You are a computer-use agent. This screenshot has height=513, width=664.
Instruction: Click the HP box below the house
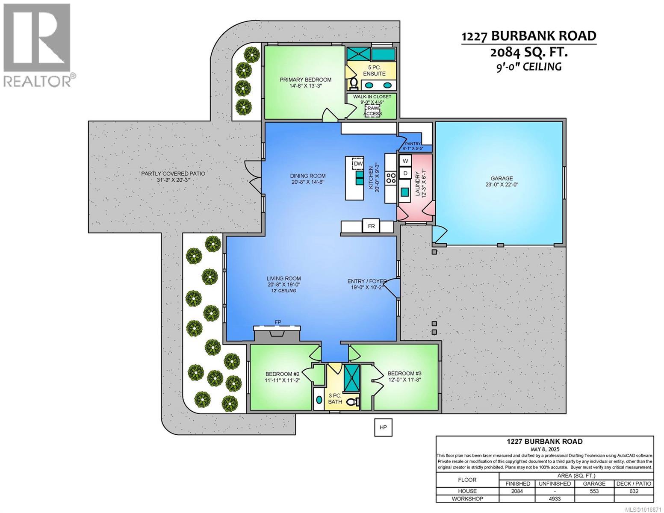click(383, 427)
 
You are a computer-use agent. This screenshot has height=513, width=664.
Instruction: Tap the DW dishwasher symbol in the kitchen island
click(358, 164)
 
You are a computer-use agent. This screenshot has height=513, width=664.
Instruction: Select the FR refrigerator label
click(371, 226)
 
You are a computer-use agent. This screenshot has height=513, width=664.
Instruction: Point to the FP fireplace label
click(278, 322)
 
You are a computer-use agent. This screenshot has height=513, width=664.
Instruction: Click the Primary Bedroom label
click(305, 80)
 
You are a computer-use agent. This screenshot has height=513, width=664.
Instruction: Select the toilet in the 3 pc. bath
click(352, 402)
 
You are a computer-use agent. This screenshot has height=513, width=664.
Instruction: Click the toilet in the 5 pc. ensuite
click(354, 83)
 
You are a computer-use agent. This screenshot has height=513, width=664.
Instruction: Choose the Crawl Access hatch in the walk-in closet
click(372, 111)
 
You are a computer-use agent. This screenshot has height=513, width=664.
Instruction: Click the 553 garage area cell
click(594, 491)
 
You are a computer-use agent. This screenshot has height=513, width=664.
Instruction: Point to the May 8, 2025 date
click(544, 449)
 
